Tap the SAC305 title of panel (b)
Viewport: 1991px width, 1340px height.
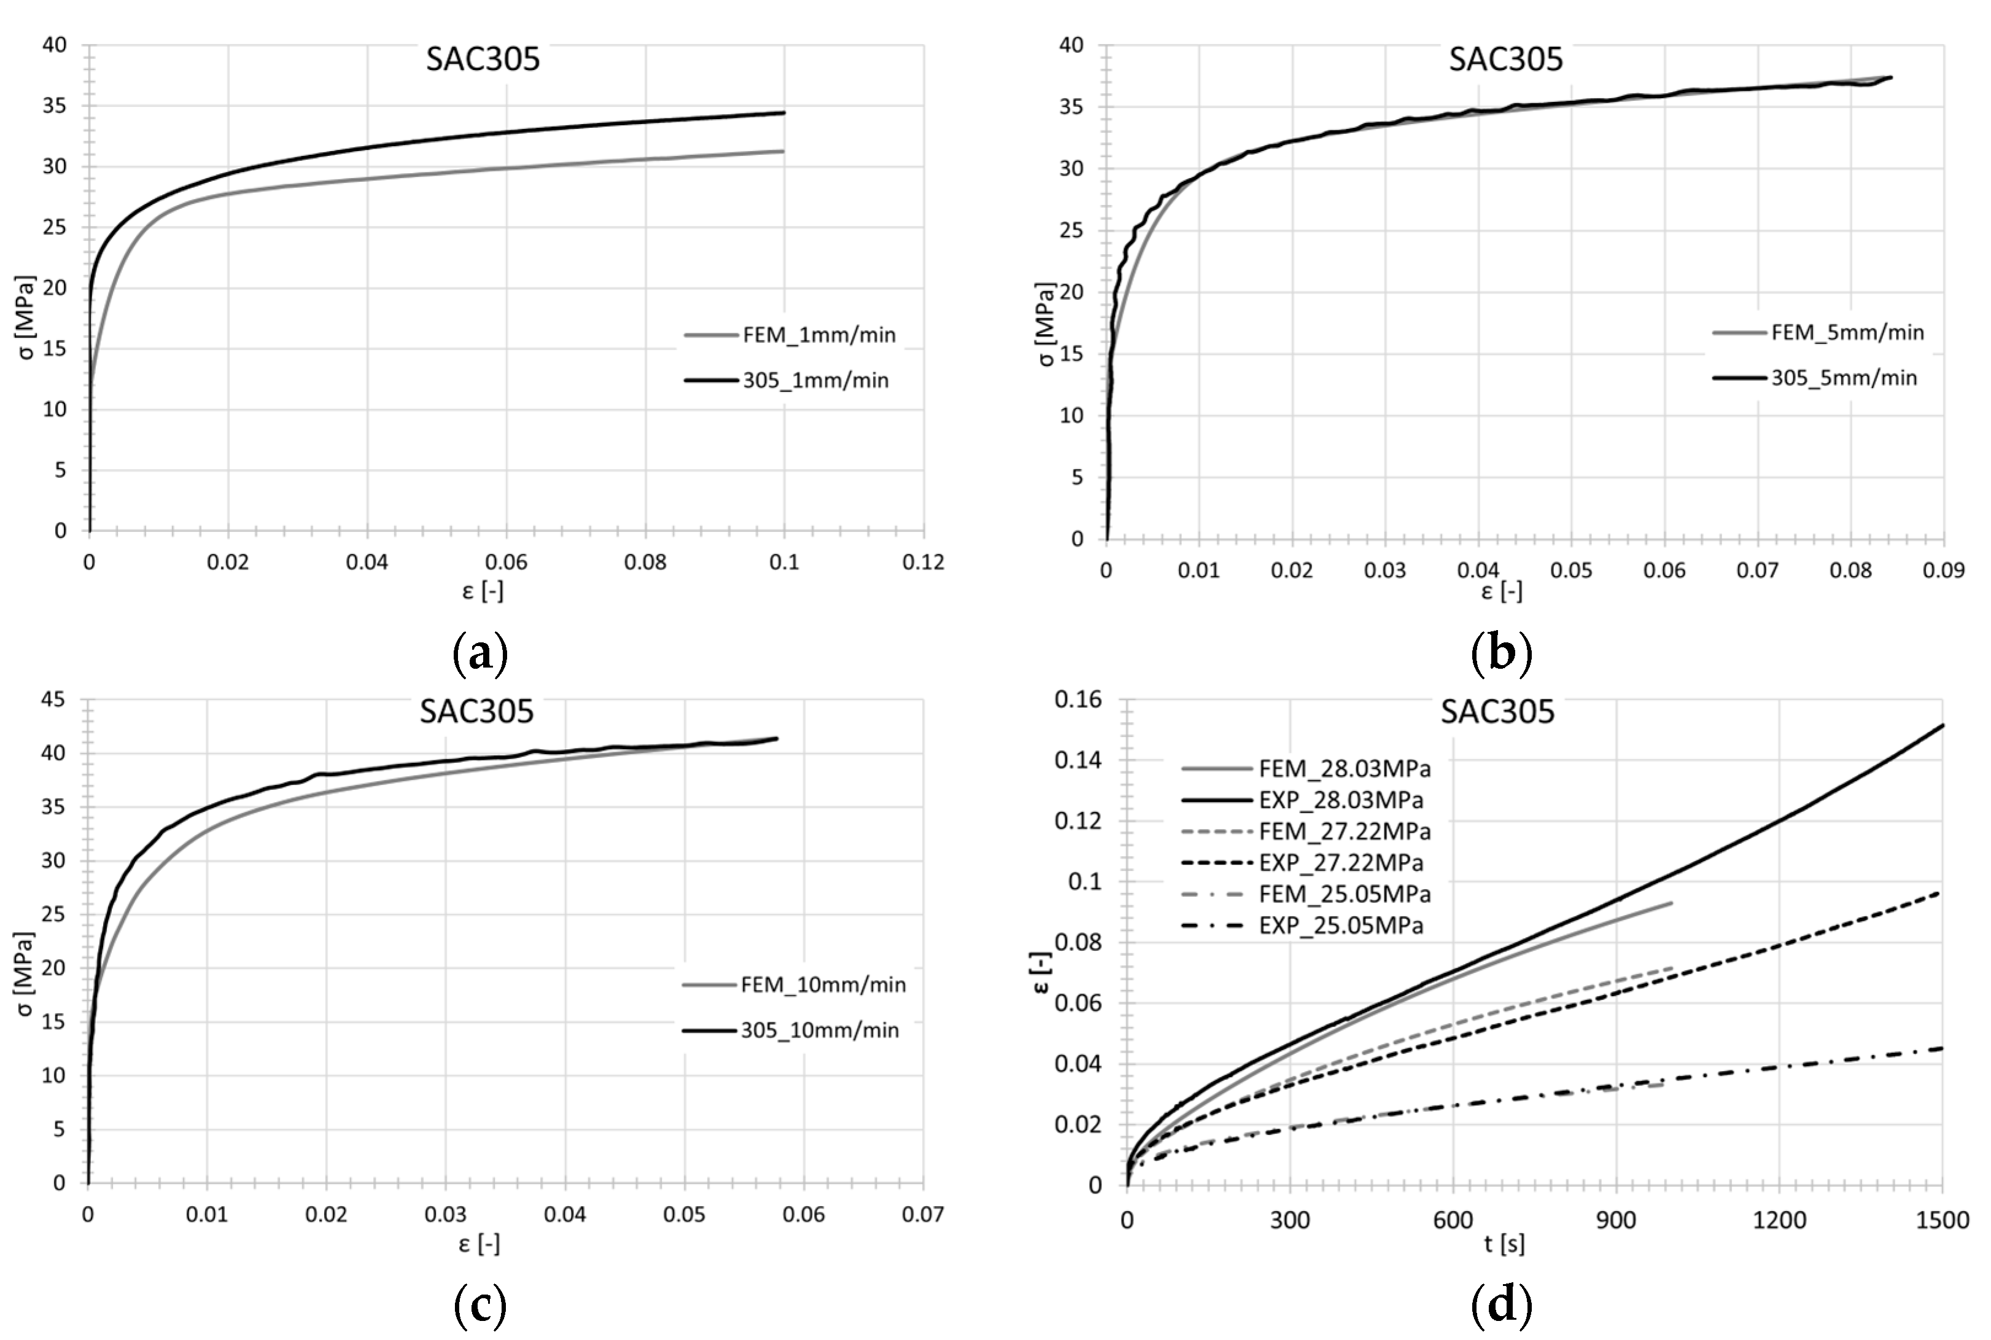1505,59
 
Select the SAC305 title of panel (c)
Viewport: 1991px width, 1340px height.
476,711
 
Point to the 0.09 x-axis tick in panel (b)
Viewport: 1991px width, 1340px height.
1943,570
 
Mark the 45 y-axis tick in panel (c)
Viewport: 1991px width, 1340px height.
53,700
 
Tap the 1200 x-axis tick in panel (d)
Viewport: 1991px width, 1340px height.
1779,1220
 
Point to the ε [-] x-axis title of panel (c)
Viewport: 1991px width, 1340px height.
479,1244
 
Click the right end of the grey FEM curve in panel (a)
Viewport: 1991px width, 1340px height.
784,151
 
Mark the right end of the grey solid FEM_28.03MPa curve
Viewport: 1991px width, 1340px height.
1671,903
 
